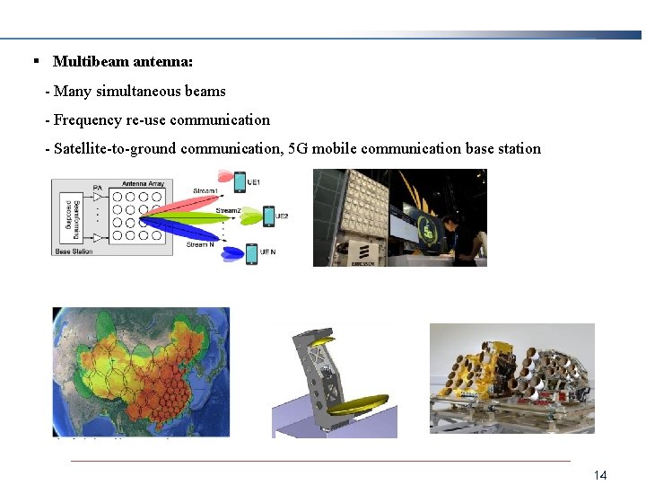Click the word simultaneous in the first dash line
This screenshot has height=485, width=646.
coord(135,91)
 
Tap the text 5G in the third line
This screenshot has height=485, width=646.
coord(300,148)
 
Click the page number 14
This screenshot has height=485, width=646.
coord(600,474)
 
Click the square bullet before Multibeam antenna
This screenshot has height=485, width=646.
coord(36,61)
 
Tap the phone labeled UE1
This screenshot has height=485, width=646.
coord(240,181)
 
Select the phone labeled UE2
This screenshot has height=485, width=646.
coord(268,216)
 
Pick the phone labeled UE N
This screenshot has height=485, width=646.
coord(251,253)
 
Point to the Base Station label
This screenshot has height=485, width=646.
coord(74,252)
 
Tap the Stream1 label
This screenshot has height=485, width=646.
coord(205,190)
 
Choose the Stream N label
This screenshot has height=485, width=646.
coord(199,244)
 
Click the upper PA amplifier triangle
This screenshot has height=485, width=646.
coord(98,197)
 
